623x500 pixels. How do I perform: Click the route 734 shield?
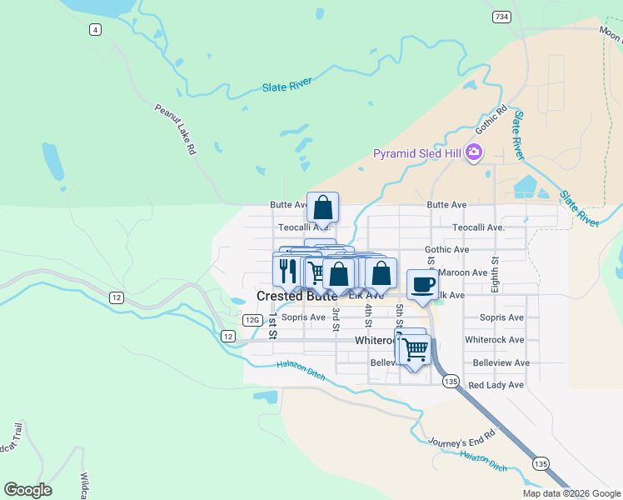(501, 17)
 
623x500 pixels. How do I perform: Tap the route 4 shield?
(96, 30)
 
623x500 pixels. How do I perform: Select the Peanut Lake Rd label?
(175, 129)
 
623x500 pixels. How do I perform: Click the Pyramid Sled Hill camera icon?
(475, 152)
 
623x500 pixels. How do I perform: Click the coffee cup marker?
(423, 283)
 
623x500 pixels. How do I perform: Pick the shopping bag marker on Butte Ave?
(322, 207)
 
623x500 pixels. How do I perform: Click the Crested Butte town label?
(297, 296)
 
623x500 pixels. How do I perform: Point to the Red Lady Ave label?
(496, 385)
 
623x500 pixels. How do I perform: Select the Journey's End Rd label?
(461, 438)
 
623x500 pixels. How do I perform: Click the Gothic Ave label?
(446, 249)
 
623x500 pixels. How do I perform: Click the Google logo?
(27, 490)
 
